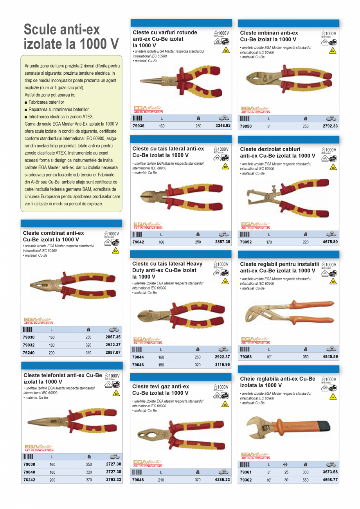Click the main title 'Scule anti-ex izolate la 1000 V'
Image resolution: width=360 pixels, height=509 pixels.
pyautogui.click(x=71, y=36)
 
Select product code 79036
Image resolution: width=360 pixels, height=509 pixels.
pyautogui.click(x=138, y=126)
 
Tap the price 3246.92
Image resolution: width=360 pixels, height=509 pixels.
pyautogui.click(x=223, y=126)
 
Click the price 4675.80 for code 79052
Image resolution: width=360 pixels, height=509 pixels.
pyautogui.click(x=330, y=242)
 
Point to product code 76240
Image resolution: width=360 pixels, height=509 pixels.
pyautogui.click(x=29, y=353)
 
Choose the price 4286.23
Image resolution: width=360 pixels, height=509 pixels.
pyautogui.click(x=223, y=480)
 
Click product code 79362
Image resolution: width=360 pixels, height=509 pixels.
pyautogui.click(x=246, y=480)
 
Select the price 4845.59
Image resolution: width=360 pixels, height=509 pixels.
pyautogui.click(x=330, y=356)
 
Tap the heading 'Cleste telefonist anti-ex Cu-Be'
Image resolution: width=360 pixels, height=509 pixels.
pyautogui.click(x=63, y=375)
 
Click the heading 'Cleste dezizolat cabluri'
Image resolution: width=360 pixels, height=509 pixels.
pyautogui.click(x=270, y=149)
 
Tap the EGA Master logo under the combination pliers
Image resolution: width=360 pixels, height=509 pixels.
pyautogui.click(x=38, y=321)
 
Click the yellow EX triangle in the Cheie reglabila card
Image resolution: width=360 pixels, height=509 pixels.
pyautogui.click(x=333, y=397)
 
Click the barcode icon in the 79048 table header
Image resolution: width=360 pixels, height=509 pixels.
pyautogui.click(x=137, y=472)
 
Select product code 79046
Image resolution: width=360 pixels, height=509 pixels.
pyautogui.click(x=138, y=365)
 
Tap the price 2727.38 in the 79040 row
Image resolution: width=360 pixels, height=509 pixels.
pyautogui.click(x=113, y=472)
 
